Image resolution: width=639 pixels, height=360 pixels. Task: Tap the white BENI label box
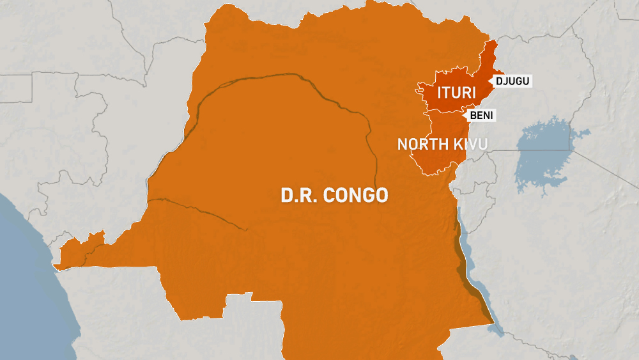pyautogui.click(x=482, y=115)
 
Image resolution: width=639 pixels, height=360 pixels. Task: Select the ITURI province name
pyautogui.click(x=456, y=93)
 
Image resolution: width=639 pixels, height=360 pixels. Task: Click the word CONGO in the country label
pyautogui.click(x=355, y=195)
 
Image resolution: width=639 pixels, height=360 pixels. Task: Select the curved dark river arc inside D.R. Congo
pyautogui.click(x=288, y=80)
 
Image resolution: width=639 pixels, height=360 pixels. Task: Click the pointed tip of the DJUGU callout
pyautogui.click(x=491, y=81)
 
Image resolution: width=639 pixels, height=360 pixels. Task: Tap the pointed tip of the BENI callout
pyautogui.click(x=465, y=115)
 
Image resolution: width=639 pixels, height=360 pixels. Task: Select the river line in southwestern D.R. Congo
pyautogui.click(x=192, y=208)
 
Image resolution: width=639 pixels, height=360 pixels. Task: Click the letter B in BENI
pyautogui.click(x=473, y=115)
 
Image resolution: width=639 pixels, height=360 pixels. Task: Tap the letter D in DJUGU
pyautogui.click(x=499, y=81)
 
